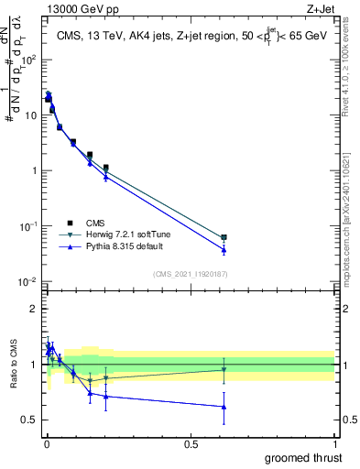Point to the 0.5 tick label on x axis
191,443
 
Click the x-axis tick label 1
334,443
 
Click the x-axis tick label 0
47,443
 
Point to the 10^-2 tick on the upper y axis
27,281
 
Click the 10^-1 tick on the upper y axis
27,226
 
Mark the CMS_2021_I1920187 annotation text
190,273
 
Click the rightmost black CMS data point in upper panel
224,237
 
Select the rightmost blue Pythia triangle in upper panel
224,250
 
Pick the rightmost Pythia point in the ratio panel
224,407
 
